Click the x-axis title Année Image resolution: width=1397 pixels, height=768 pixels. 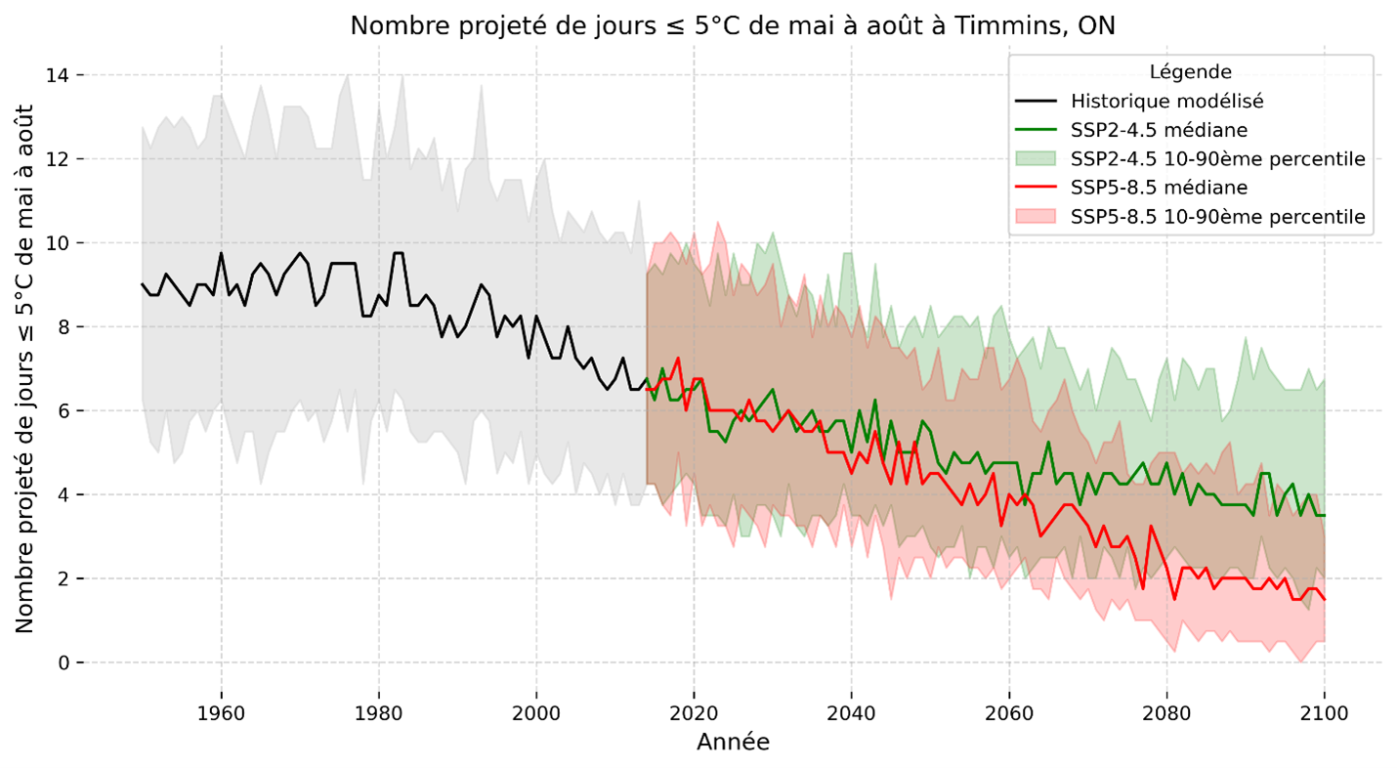pos(733,743)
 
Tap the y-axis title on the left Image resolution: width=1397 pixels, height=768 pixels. pos(25,368)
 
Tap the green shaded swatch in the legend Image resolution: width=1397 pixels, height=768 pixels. pos(1037,158)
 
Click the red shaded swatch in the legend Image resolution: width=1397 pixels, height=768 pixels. pos(1037,216)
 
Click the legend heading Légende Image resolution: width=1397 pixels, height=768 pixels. pos(1190,71)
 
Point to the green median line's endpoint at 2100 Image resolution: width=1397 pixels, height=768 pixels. pos(1325,515)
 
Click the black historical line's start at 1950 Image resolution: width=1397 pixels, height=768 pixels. pos(143,284)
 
